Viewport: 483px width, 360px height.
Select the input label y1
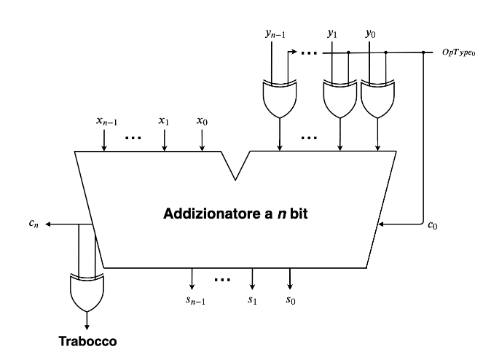click(x=333, y=33)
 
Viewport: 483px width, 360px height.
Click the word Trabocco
click(x=87, y=340)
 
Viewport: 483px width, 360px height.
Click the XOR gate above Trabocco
click(x=87, y=291)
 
